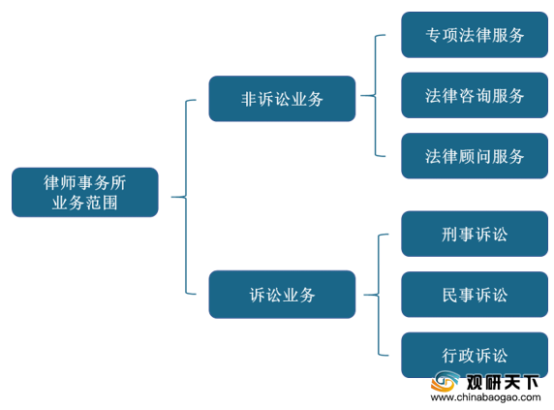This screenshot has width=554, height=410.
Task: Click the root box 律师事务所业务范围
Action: coord(85,192)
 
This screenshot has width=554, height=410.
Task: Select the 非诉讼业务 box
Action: coord(282,99)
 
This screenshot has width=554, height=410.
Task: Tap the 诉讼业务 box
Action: coord(282,295)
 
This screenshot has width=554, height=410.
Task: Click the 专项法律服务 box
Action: coord(475,35)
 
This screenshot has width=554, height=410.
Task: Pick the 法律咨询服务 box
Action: coord(475,95)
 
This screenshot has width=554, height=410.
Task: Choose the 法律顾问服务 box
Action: coord(475,156)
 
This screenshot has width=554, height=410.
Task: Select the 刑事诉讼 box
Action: coord(475,234)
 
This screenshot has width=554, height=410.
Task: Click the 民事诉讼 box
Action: coord(475,295)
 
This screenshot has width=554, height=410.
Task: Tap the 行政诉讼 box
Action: coord(475,355)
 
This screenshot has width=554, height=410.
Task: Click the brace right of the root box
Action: coord(186,197)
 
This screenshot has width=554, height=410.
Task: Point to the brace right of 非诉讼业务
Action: coord(375,95)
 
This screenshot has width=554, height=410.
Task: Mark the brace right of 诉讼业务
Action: coord(379,295)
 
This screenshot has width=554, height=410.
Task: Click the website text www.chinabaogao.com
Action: coord(486,397)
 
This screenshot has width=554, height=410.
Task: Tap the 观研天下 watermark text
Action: coord(503,382)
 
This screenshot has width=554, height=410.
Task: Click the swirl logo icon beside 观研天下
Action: coord(446,381)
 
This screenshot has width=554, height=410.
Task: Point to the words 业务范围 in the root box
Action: coord(85,203)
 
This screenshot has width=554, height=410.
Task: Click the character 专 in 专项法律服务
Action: coord(433,35)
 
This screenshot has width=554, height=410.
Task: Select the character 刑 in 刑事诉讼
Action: coord(449,234)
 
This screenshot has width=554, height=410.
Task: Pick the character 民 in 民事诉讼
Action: coord(449,295)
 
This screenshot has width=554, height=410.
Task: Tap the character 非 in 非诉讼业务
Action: coord(249,99)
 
